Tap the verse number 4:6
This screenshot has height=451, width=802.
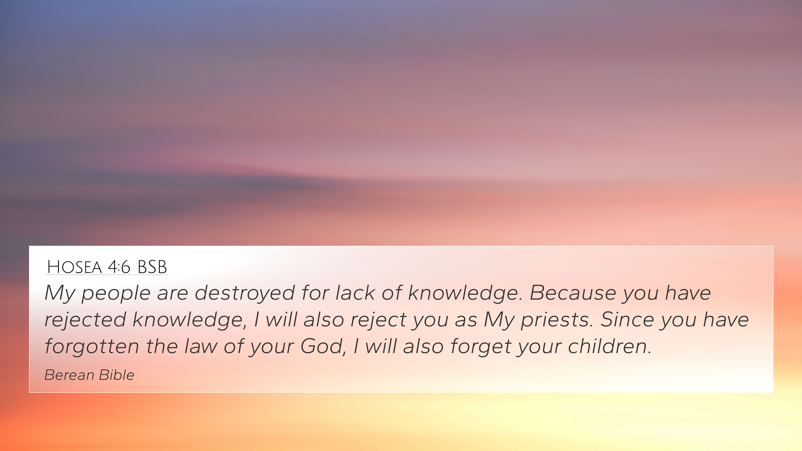pyautogui.click(x=119, y=267)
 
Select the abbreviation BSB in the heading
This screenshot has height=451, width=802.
pyautogui.click(x=152, y=267)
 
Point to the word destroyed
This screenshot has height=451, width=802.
pyautogui.click(x=245, y=293)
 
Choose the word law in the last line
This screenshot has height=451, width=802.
pyautogui.click(x=200, y=346)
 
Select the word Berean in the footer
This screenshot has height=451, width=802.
pyautogui.click(x=69, y=375)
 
